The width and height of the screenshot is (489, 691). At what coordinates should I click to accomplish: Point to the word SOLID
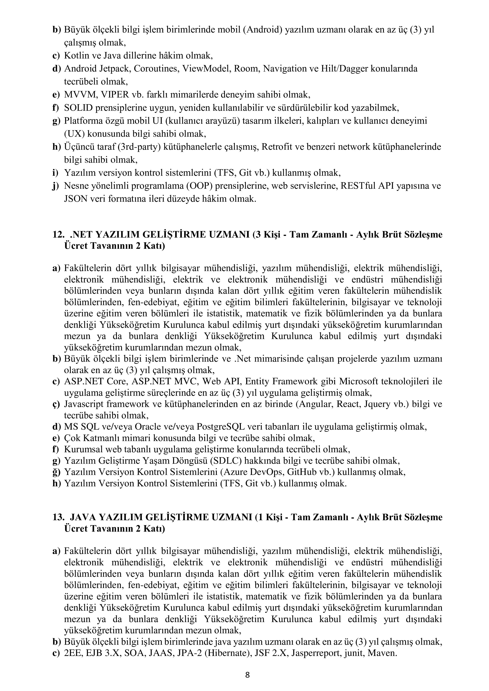coord(78,108)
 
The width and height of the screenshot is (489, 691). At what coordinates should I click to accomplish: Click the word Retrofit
coord(276,147)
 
